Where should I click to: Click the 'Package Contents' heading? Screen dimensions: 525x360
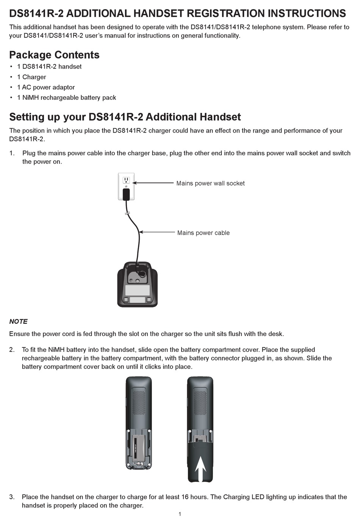(54, 55)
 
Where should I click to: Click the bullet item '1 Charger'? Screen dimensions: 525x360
(31, 77)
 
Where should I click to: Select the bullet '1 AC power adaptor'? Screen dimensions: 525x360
(46, 87)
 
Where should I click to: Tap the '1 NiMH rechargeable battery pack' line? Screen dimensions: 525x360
(67, 97)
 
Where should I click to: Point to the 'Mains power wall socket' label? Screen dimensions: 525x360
(210, 183)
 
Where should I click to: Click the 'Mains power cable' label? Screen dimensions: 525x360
(203, 233)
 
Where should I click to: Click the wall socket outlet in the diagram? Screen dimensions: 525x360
(126, 180)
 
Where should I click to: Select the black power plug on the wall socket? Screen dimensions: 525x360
(126, 194)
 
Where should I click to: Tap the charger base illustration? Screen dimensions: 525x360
(137, 285)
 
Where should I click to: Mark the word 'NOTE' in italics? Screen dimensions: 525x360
(18, 322)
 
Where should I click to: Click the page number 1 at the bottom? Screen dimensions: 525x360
(180, 514)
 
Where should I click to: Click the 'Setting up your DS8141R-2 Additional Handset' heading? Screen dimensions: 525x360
(125, 117)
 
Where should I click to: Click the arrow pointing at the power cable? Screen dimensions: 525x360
(156, 232)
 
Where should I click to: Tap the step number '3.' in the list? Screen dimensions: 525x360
(12, 497)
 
